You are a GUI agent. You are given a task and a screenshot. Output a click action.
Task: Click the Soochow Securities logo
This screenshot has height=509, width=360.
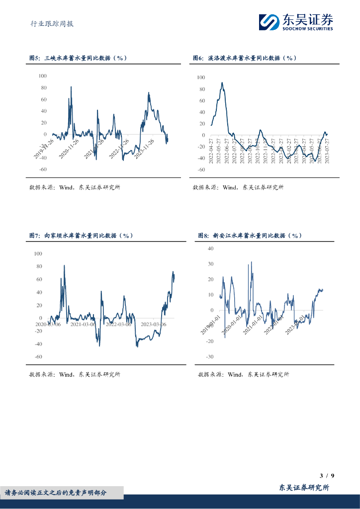tap(296, 22)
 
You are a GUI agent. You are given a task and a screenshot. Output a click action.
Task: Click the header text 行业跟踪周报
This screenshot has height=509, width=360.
tap(48, 23)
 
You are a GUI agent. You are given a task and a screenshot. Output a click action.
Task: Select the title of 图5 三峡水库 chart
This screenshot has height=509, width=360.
tap(78, 58)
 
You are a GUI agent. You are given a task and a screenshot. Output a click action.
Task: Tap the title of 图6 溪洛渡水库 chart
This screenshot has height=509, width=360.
tap(245, 58)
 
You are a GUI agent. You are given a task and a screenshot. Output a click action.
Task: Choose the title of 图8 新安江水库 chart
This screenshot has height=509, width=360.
tap(250, 235)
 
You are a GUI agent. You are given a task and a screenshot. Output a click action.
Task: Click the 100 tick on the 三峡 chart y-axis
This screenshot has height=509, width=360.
tap(42, 76)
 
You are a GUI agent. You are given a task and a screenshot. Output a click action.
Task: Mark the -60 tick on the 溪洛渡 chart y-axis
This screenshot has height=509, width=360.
tap(201, 170)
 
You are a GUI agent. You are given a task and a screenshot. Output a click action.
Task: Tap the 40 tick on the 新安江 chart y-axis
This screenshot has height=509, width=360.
tap(210, 249)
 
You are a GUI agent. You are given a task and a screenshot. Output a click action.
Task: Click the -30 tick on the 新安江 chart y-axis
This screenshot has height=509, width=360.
tap(209, 357)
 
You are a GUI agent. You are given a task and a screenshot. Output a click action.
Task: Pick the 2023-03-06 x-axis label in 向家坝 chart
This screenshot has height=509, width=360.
tap(153, 325)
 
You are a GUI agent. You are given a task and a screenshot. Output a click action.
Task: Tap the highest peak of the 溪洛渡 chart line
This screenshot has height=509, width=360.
tap(222, 83)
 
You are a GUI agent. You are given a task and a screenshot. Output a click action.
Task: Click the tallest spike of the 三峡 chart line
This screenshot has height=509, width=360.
tap(71, 87)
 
